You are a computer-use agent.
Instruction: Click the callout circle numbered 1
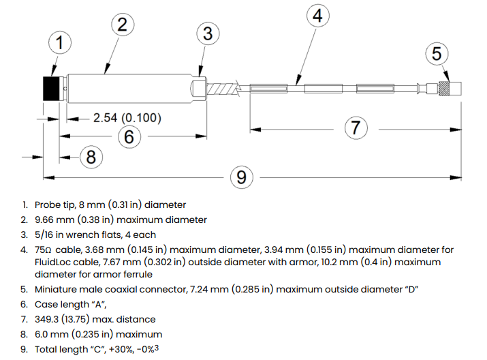click(60, 44)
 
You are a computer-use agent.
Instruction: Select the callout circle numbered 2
click(122, 25)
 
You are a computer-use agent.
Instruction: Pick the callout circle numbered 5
click(437, 53)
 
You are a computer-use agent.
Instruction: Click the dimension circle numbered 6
click(129, 136)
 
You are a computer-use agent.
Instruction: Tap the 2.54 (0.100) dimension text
click(127, 118)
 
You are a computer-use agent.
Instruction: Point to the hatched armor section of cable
click(225, 88)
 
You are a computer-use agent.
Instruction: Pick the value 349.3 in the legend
click(48, 319)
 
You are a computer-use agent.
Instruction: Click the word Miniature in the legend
click(57, 289)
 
